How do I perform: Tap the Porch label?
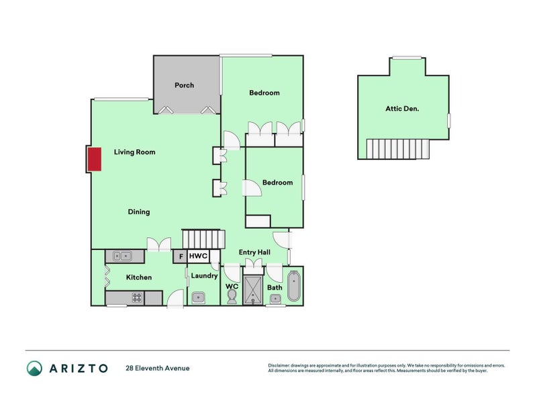click(184, 85)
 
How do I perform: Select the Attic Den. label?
click(402, 108)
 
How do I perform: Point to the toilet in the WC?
click(232, 297)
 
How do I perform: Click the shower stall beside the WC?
click(253, 290)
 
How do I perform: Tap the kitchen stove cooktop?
click(137, 298)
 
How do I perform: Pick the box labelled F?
click(181, 257)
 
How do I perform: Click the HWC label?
click(198, 256)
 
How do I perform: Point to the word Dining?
click(139, 212)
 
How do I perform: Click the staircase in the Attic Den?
click(397, 148)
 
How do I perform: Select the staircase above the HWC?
click(203, 239)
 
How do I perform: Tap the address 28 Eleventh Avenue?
click(157, 368)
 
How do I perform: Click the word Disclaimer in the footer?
click(282, 365)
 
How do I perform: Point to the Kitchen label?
click(139, 277)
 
